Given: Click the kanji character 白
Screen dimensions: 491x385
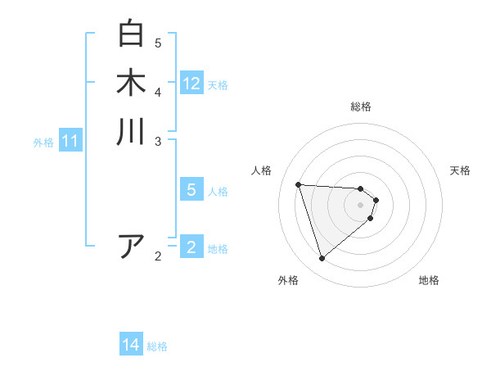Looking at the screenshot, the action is pyautogui.click(x=131, y=34).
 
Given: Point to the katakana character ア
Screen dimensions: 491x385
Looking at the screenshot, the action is pyautogui.click(x=131, y=246).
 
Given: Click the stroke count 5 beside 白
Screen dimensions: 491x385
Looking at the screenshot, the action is pyautogui.click(x=158, y=43).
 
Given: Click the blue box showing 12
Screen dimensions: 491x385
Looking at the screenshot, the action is pyautogui.click(x=191, y=84).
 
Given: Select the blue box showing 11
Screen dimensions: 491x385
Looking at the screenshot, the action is pyautogui.click(x=70, y=142).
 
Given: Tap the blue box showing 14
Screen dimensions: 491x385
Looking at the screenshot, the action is pyautogui.click(x=131, y=346).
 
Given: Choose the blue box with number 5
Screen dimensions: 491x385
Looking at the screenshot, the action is pyautogui.click(x=191, y=190).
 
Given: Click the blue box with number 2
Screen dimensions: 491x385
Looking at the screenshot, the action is pyautogui.click(x=191, y=247).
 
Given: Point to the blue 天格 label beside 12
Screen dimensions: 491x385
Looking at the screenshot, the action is pyautogui.click(x=218, y=85).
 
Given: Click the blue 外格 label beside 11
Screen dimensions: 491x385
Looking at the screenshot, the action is pyautogui.click(x=43, y=143).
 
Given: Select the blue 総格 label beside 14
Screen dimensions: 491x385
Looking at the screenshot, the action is pyautogui.click(x=157, y=346).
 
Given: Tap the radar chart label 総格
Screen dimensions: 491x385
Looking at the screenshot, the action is pyautogui.click(x=361, y=106).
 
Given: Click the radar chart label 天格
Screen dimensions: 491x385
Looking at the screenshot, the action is pyautogui.click(x=460, y=170).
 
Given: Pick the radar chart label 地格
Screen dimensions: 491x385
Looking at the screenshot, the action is pyautogui.click(x=429, y=280).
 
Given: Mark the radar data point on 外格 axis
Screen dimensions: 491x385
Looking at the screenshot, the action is pyautogui.click(x=322, y=259).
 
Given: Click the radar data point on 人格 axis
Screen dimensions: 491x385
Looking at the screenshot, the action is pyautogui.click(x=299, y=184).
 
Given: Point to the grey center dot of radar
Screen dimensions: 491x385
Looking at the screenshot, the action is pyautogui.click(x=361, y=205).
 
